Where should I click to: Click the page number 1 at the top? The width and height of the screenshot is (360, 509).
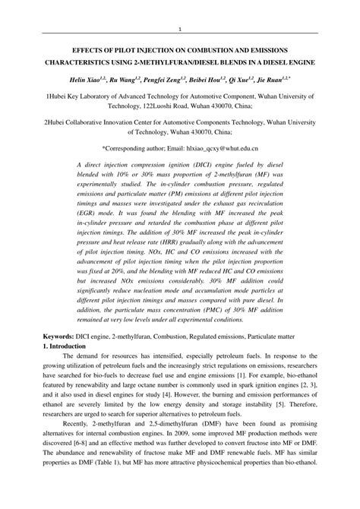pos(180,30)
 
